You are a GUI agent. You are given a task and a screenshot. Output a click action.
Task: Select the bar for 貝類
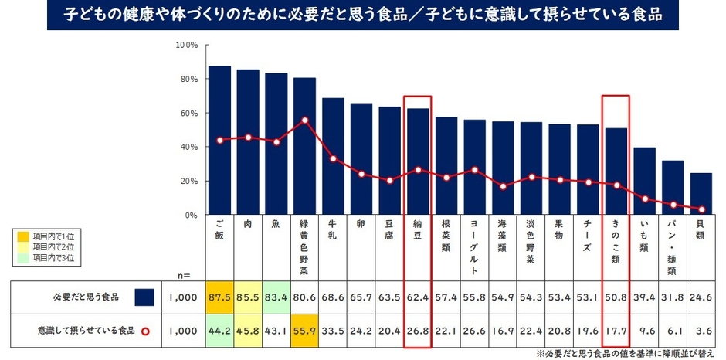point(701,194)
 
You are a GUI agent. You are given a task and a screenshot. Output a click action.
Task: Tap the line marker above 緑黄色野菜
point(305,121)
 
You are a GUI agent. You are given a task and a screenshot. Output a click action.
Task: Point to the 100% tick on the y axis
point(187,46)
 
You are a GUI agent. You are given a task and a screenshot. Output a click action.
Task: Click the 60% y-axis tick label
point(189,114)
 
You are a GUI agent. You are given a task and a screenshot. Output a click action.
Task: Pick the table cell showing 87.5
point(219,297)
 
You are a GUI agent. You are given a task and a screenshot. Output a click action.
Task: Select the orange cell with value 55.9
point(305,330)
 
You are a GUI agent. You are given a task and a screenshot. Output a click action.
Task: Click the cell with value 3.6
point(701,330)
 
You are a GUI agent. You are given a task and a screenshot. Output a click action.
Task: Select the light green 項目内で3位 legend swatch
point(25,257)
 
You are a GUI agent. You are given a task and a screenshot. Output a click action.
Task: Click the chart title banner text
point(363,15)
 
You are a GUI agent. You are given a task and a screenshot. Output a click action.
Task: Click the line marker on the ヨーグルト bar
point(475,170)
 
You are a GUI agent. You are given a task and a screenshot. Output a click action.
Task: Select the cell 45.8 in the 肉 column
point(248,330)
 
